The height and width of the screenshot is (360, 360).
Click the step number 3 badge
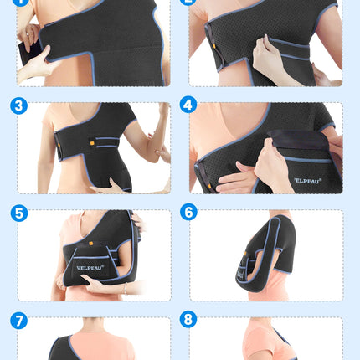[x=19, y=106]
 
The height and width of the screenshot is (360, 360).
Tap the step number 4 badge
[x=188, y=105]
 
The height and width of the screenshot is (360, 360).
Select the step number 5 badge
[x=19, y=213]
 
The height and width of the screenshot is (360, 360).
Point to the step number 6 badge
[x=188, y=213]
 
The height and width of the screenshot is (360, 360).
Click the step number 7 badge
[x=19, y=321]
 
